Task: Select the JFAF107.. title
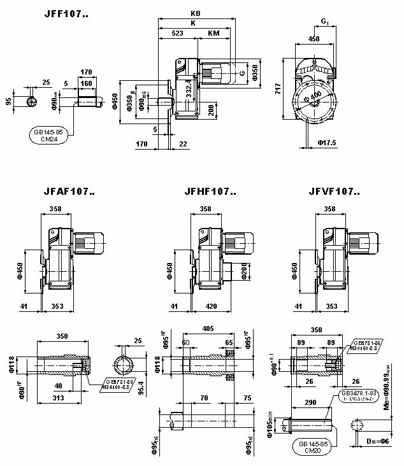69,190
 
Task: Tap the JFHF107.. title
210,190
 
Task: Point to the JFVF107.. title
335,190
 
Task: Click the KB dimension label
196,13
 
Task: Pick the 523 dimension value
178,32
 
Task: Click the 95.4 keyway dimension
141,384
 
